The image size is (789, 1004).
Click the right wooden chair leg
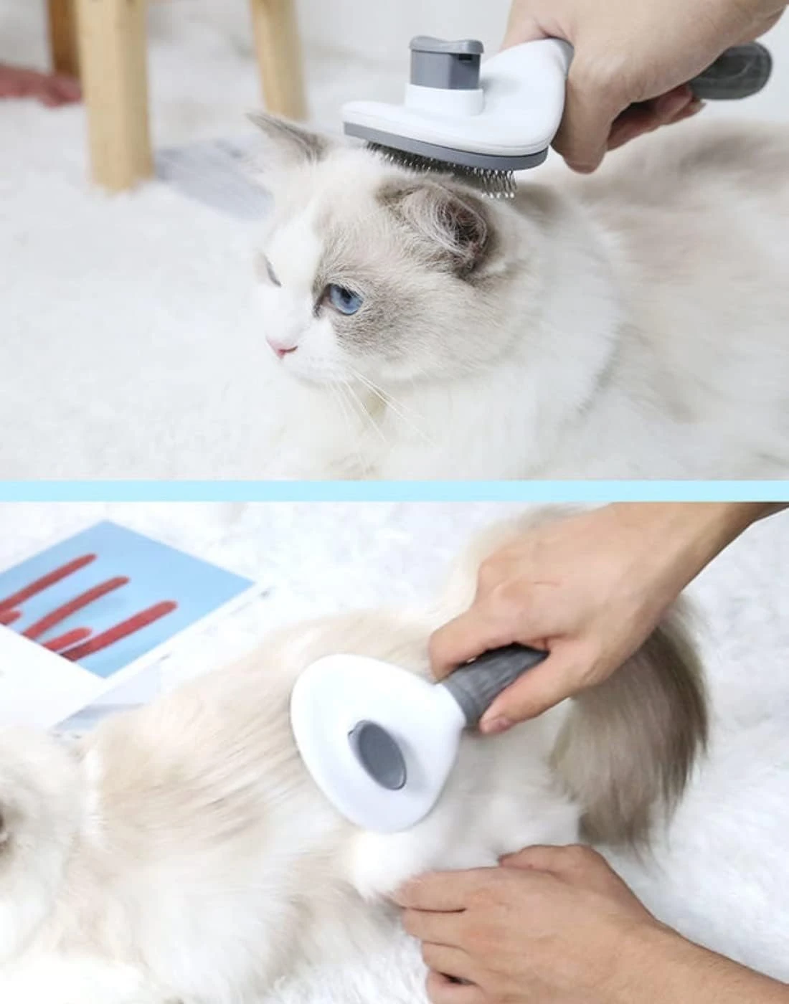[276, 57]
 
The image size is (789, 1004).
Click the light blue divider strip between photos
[394, 491]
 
